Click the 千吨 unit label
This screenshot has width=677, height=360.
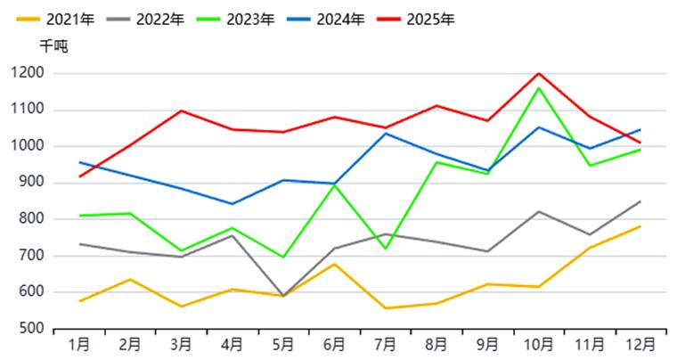tap(53, 46)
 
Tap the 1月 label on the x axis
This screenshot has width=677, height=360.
tap(79, 344)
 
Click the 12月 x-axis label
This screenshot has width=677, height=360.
tap(640, 344)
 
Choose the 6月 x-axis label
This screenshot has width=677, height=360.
tap(334, 344)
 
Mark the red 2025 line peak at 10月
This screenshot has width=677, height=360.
tap(538, 74)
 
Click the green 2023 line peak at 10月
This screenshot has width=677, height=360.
tap(538, 87)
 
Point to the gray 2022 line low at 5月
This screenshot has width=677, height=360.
tap(283, 296)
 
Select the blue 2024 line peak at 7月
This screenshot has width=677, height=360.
tap(385, 134)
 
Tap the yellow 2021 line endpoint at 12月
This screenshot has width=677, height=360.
tap(640, 226)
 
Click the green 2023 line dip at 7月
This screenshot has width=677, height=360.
tap(385, 249)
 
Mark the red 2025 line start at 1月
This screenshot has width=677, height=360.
tap(79, 176)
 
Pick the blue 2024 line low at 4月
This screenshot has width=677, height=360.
tap(232, 204)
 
